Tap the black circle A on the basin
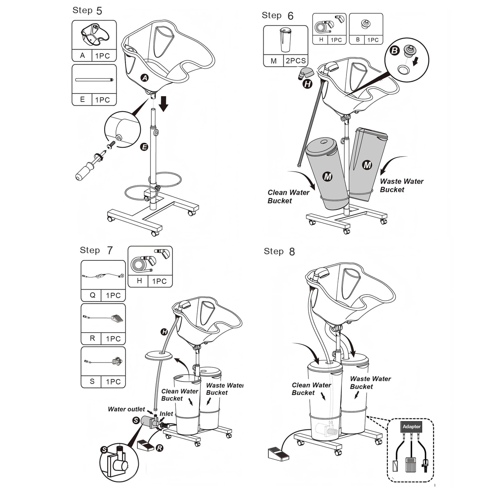(145, 78)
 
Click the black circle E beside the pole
(144, 147)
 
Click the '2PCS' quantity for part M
(296, 61)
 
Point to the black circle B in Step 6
(395, 50)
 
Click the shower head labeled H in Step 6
(306, 74)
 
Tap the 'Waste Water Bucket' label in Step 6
(401, 185)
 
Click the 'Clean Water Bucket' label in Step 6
(288, 196)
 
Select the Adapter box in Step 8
(411, 426)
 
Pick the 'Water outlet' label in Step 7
(126, 409)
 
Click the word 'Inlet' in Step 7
(166, 414)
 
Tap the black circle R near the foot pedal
(160, 448)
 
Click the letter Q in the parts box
(92, 295)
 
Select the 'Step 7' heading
(96, 250)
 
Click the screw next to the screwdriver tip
(111, 145)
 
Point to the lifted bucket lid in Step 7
(159, 356)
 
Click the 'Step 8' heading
(279, 252)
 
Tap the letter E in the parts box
(82, 99)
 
